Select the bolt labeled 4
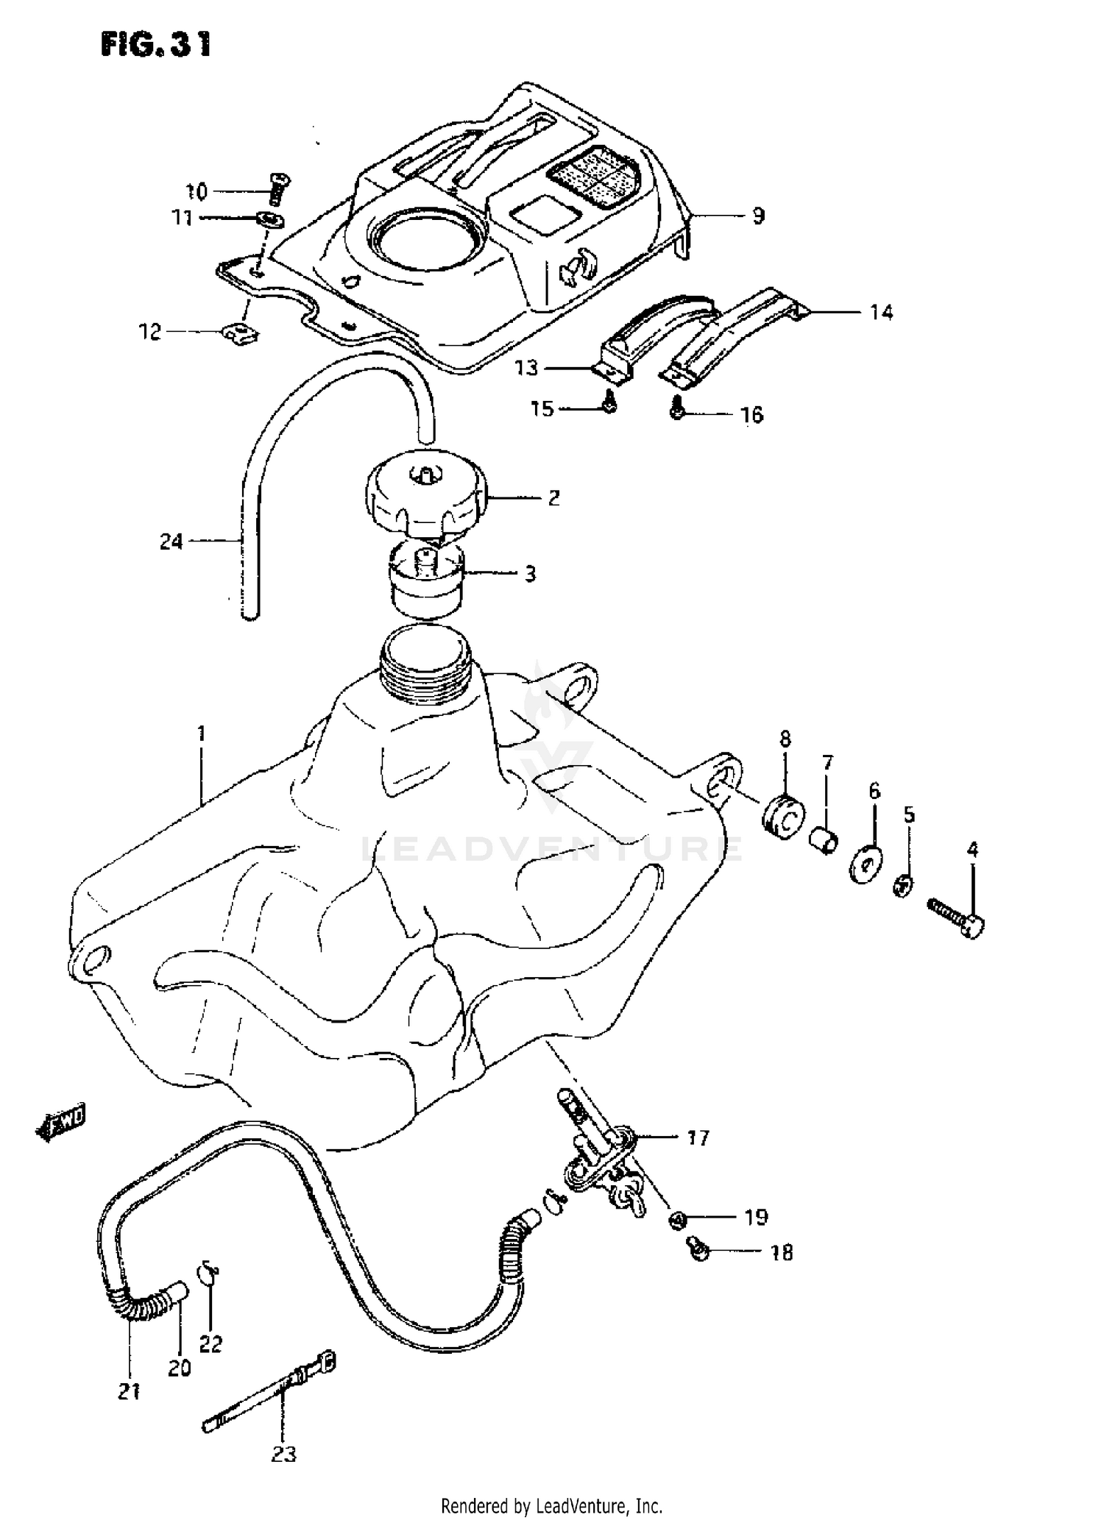pyautogui.click(x=955, y=917)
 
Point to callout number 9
pyautogui.click(x=758, y=216)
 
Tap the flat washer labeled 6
pyautogui.click(x=867, y=865)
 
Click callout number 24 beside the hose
pyautogui.click(x=171, y=542)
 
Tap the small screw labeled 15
pyautogui.click(x=609, y=402)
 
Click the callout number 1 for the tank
pyautogui.click(x=201, y=733)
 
